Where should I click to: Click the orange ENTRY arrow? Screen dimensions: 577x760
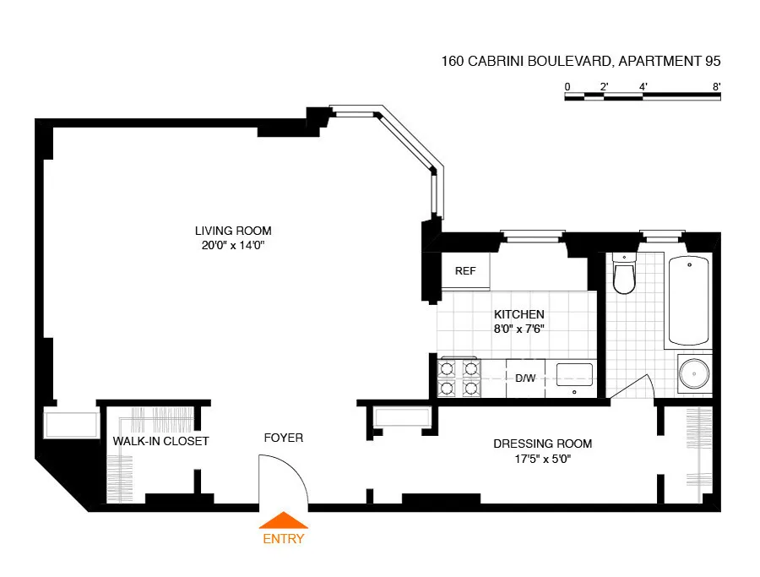[x=284, y=520]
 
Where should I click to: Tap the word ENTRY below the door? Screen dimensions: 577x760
[x=284, y=539]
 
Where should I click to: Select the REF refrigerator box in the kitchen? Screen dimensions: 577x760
[x=465, y=271]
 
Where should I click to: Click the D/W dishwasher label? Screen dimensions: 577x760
[x=525, y=378]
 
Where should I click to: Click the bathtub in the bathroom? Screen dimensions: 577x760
[x=690, y=301]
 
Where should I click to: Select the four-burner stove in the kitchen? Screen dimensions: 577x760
[x=459, y=378]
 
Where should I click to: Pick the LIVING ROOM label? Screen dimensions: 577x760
[x=233, y=231]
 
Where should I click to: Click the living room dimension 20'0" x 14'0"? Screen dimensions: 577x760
[x=233, y=246]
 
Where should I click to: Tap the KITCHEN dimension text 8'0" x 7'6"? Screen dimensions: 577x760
[x=519, y=329]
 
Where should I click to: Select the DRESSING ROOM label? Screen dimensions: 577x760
[x=542, y=444]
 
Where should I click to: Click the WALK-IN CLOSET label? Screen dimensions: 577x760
[x=160, y=441]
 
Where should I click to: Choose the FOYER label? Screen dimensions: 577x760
[x=283, y=438]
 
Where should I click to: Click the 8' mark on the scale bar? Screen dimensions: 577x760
[x=716, y=86]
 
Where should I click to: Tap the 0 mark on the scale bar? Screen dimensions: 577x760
[x=567, y=86]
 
